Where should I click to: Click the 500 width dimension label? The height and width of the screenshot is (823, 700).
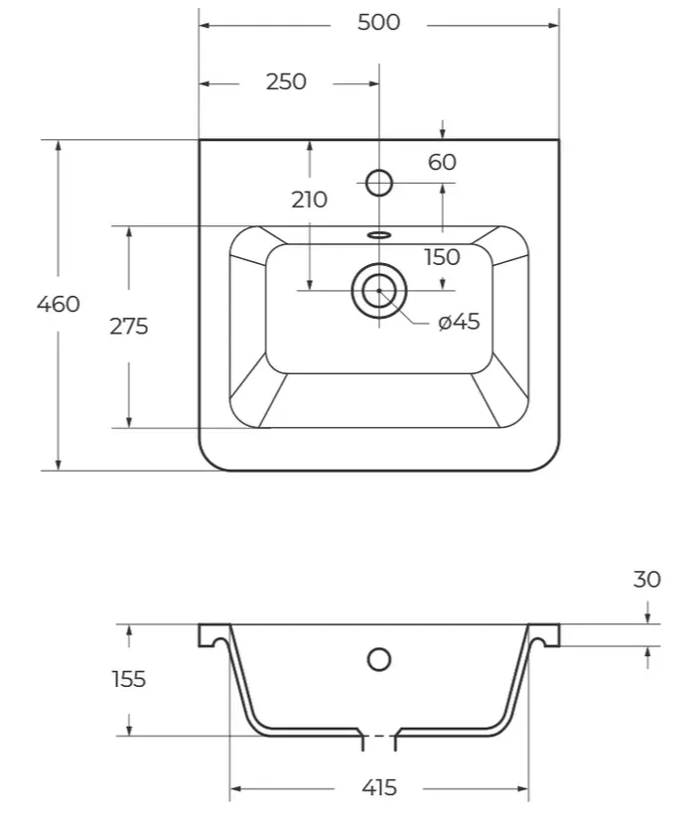(378, 22)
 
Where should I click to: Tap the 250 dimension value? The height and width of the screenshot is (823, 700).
(286, 81)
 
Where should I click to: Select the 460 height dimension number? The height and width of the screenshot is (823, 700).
(59, 304)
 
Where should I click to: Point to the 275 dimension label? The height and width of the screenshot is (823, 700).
(129, 327)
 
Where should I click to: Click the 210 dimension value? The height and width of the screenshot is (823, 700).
(310, 200)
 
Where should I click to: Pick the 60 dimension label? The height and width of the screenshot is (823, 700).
(442, 162)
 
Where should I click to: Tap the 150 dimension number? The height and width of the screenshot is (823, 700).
(442, 257)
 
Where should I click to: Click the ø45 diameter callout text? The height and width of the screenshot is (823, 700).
(459, 322)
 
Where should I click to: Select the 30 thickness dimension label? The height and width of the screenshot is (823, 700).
(647, 580)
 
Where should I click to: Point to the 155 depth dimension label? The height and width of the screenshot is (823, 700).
(129, 679)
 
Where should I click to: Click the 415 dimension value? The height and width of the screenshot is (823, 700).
(379, 788)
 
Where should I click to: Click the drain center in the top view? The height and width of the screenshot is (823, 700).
(379, 290)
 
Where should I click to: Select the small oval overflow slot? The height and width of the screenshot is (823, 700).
(379, 234)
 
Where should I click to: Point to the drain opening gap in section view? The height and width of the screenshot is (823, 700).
(379, 737)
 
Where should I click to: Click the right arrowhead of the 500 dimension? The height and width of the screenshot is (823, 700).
(553, 25)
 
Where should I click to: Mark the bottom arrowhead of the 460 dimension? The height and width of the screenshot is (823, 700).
(59, 465)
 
